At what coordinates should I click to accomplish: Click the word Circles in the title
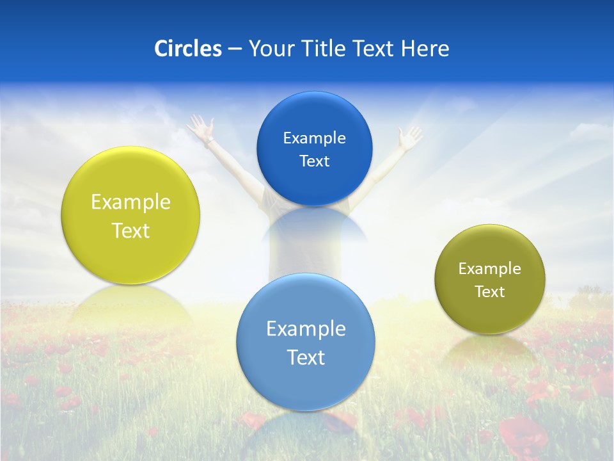pos(187,49)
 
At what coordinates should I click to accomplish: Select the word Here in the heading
pos(425,49)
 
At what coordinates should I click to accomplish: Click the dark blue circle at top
pos(314,149)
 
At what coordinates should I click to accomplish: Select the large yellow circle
pos(130,215)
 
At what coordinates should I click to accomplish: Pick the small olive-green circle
pos(489,279)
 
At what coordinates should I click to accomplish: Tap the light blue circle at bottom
pos(306,341)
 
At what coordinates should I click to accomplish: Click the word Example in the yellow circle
pos(130,202)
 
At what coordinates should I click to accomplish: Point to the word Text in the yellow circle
pos(130,230)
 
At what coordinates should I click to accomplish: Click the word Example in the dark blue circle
pos(314,138)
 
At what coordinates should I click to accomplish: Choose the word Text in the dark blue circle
pos(314,161)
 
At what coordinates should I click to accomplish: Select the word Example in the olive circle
pos(489,269)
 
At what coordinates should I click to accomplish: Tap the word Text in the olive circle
pos(489,291)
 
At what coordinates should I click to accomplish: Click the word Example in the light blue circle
pos(306,329)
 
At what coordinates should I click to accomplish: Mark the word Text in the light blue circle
pos(306,357)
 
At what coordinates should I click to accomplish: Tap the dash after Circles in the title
pos(234,49)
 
